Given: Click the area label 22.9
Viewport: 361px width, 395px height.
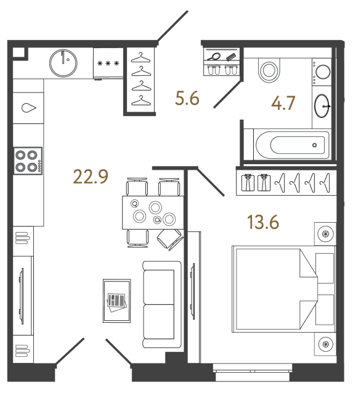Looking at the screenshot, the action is click(x=91, y=177).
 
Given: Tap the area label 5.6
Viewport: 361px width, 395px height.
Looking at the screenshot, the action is click(x=187, y=98).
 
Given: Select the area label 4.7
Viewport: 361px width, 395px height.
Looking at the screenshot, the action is click(x=283, y=103).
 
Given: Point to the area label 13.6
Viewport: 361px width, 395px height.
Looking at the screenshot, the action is click(x=263, y=222).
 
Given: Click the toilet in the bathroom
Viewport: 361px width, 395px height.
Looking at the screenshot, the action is click(x=269, y=70).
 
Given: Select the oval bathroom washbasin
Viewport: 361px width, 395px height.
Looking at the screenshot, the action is click(x=322, y=106).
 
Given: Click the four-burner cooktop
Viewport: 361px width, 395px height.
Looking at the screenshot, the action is click(x=28, y=160).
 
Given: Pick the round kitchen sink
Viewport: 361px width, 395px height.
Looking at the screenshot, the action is click(x=63, y=63).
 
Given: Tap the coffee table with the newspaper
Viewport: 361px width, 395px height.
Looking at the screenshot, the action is click(x=116, y=301).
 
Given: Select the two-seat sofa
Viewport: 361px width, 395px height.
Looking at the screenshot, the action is click(x=162, y=304).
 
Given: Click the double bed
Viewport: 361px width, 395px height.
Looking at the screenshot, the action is click(x=284, y=289).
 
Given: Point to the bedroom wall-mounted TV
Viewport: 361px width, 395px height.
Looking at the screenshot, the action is click(x=193, y=291).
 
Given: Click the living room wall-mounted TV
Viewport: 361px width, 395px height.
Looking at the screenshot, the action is click(x=22, y=296).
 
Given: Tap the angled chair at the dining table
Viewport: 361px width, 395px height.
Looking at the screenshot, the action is click(x=170, y=239).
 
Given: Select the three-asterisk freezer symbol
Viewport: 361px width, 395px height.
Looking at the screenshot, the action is click(x=108, y=63).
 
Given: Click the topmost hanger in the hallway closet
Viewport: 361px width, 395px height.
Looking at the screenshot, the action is click(x=140, y=57).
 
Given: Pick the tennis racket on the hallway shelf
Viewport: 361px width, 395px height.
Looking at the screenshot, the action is click(x=214, y=56).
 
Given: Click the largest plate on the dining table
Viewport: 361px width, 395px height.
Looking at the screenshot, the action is click(x=155, y=207).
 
